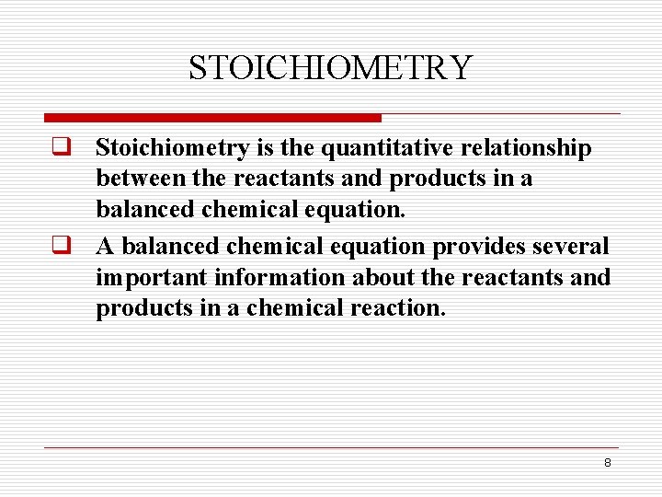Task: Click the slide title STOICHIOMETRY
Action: pos(330,68)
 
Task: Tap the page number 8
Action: pos(607,462)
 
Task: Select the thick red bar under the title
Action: pos(213,118)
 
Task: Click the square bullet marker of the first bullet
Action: pos(62,147)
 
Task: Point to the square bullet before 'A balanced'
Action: pos(62,246)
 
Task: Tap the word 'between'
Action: pos(134,179)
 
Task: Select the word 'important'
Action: pos(151,278)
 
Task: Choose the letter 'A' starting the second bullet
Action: pos(106,247)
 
